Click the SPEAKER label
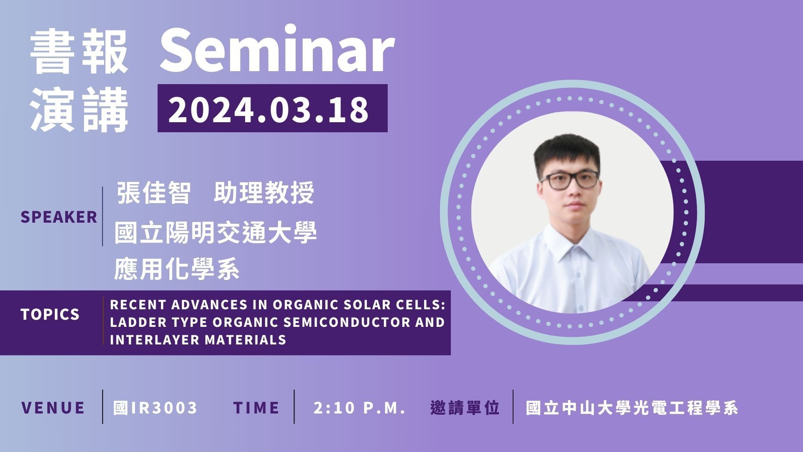(59, 217)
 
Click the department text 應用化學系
(176, 268)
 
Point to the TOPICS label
(50, 314)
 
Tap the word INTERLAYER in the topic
(155, 339)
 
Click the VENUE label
(53, 408)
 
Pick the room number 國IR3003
(155, 408)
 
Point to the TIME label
(256, 408)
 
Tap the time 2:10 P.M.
(360, 408)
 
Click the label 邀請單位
(465, 408)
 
